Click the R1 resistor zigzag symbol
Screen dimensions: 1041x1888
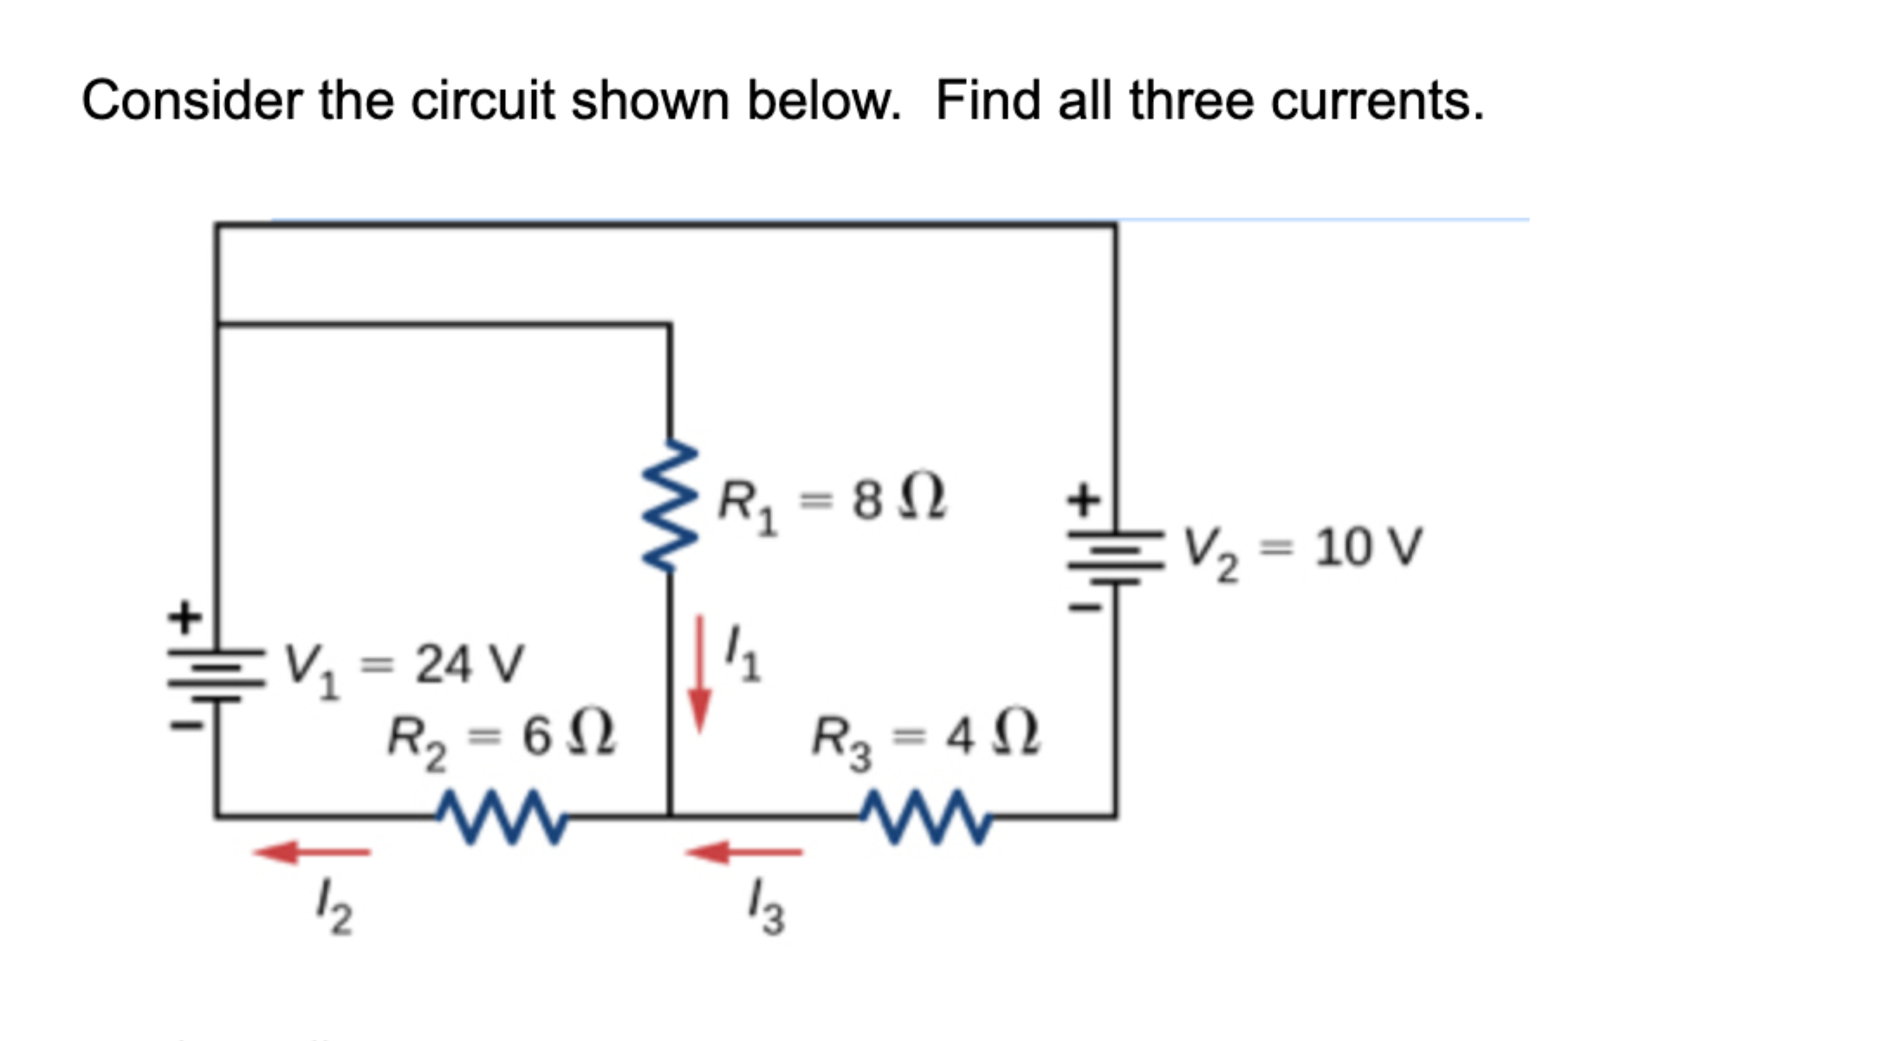(x=669, y=506)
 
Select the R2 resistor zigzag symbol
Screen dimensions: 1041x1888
(x=503, y=816)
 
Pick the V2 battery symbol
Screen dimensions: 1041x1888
(x=1115, y=555)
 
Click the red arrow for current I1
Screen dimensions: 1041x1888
(x=699, y=674)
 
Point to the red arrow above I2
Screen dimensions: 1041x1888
(x=312, y=852)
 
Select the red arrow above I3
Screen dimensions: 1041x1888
(x=743, y=852)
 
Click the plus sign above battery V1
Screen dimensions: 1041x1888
(x=185, y=618)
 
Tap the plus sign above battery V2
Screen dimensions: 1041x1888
(x=1083, y=500)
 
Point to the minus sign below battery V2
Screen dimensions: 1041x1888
(x=1084, y=608)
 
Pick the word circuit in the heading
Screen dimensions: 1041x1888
(x=482, y=101)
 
